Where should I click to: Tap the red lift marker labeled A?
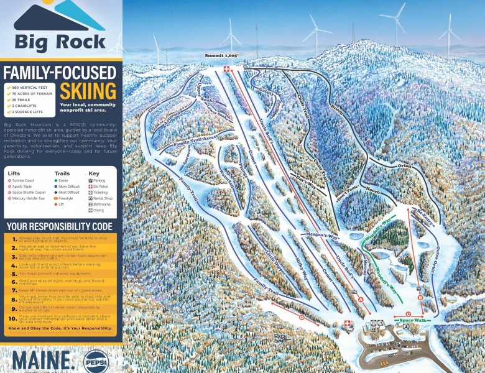point(361,299)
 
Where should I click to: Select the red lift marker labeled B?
point(421,298)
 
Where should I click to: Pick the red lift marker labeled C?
point(408,315)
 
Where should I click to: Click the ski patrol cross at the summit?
point(226,69)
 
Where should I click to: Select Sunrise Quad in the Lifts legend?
point(24,180)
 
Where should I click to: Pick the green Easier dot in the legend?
point(56,180)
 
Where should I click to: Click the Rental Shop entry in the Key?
point(102,198)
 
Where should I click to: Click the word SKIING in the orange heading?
point(88,91)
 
